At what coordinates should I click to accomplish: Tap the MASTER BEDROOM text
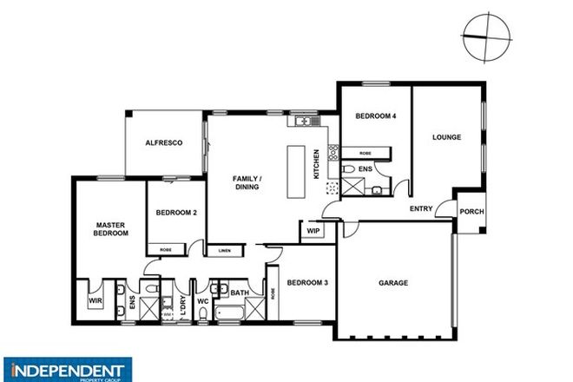(112, 229)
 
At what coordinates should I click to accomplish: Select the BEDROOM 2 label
(176, 213)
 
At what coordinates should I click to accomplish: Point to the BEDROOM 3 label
(307, 282)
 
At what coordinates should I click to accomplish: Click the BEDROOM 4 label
(375, 116)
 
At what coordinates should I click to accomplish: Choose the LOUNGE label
(446, 137)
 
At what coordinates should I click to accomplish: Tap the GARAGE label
(393, 283)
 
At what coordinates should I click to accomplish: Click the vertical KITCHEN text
(317, 163)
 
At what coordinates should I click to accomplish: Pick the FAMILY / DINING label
(247, 182)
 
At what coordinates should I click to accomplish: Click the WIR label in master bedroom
(95, 300)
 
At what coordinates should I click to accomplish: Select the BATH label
(240, 293)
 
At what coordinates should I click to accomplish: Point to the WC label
(201, 301)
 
